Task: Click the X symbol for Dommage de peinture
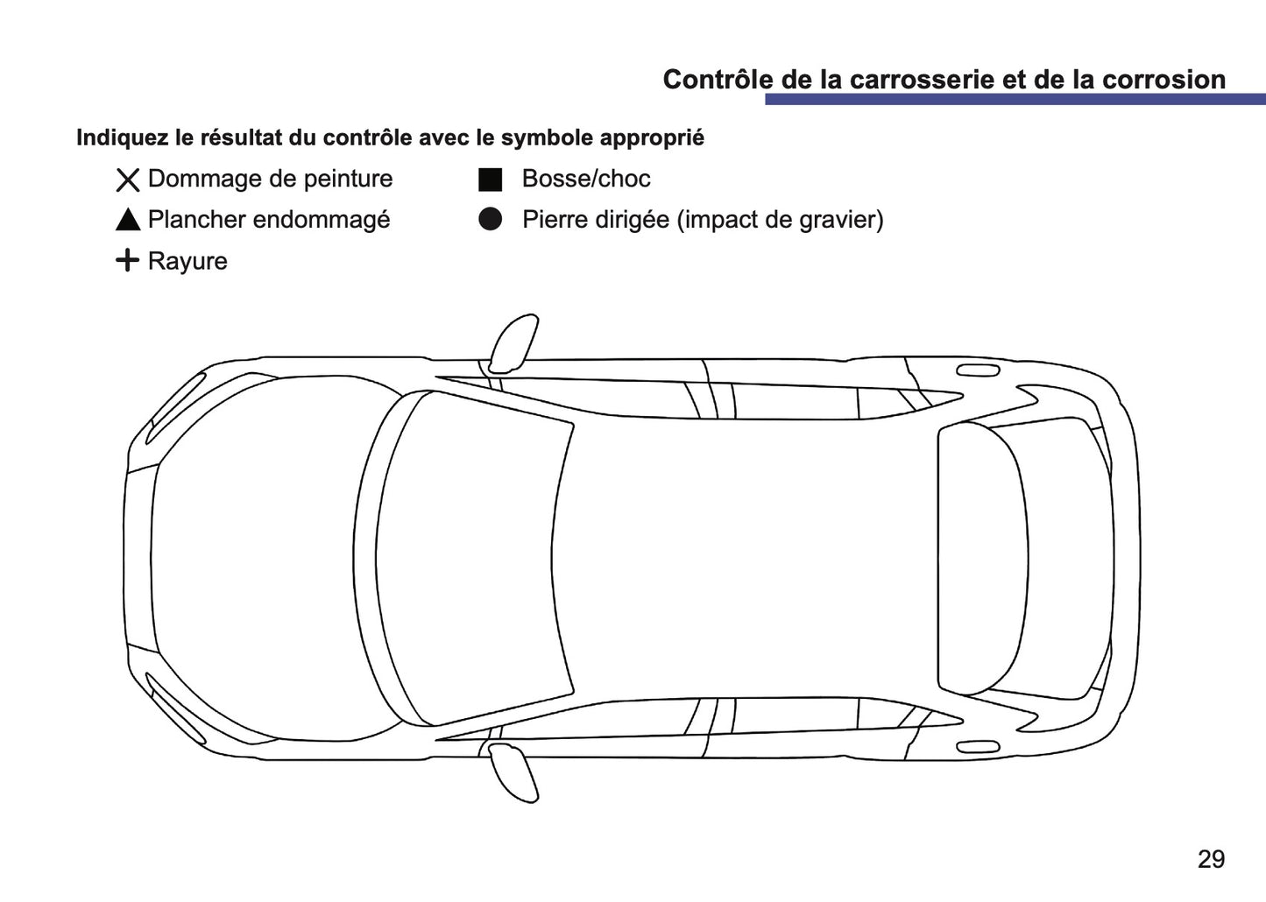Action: pos(128,180)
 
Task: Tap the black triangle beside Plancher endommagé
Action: pos(128,220)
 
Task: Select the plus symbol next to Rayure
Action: pos(128,260)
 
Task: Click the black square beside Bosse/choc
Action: pos(491,180)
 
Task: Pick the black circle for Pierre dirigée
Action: pos(491,220)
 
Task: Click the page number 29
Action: pos(1211,859)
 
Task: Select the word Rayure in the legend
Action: pos(187,261)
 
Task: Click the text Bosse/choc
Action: pos(586,179)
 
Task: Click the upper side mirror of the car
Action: pos(513,342)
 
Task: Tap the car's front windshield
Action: pos(477,560)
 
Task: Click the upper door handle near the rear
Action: pos(978,370)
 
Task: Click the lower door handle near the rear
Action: pos(978,747)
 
